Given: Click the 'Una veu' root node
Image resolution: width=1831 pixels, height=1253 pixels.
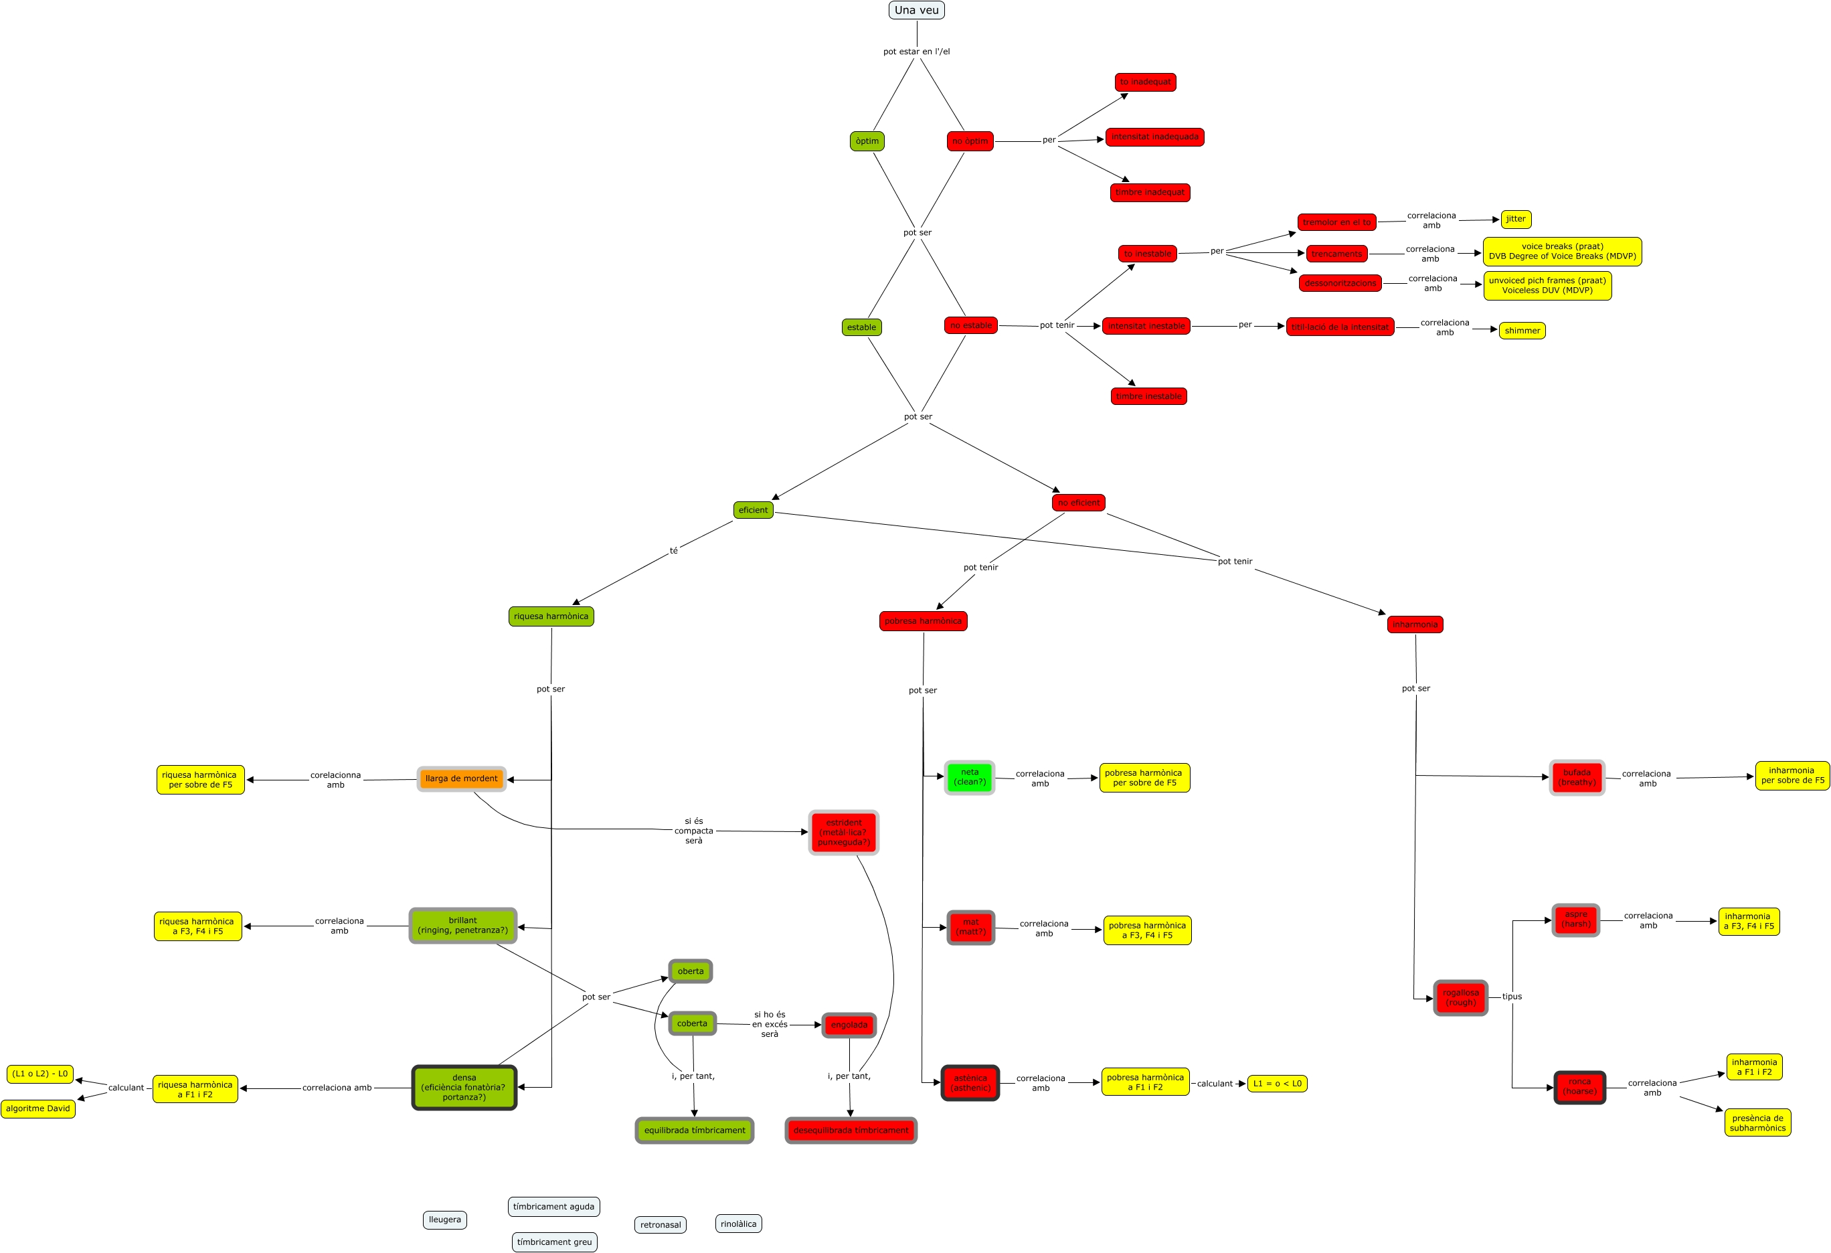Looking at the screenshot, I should [916, 10].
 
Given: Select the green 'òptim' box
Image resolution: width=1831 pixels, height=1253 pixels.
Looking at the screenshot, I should [867, 141].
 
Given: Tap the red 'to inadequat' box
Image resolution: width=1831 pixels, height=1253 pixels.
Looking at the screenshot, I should [1145, 82].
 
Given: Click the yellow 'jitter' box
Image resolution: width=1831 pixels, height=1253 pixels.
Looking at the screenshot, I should [1515, 219].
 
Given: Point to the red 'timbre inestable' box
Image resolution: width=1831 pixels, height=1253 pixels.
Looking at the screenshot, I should [1148, 396].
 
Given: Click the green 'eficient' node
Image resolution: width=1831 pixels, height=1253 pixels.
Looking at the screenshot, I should [752, 510].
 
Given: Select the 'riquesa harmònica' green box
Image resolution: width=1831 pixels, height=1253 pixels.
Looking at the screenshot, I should [551, 616].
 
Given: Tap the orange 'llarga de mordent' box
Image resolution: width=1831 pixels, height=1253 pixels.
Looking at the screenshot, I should [461, 778].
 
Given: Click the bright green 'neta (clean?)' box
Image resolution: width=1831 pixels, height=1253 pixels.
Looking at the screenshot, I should [969, 777].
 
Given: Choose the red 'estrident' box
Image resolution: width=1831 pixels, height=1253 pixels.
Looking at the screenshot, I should [843, 832].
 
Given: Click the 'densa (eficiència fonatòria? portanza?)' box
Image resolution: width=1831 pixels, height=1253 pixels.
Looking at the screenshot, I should [464, 1088].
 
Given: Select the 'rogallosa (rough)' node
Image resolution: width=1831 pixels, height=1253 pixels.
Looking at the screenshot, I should [1460, 998].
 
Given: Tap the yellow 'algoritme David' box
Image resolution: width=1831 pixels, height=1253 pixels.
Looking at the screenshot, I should [38, 1109].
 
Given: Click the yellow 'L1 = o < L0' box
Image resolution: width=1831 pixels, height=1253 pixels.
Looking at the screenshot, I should [1277, 1084].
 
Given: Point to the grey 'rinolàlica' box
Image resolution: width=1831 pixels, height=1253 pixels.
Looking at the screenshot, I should [738, 1224].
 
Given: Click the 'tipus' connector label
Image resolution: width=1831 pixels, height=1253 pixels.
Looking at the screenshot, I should [1511, 997].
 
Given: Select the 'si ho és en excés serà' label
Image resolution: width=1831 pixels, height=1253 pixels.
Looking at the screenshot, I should [769, 1025].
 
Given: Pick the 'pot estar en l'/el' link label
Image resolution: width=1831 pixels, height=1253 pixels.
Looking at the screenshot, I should [916, 52].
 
